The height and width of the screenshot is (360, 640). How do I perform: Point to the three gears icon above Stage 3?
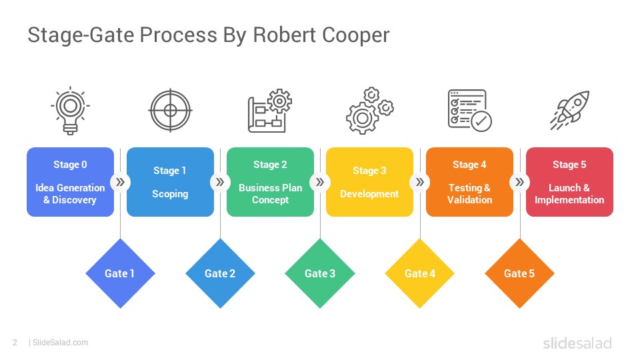click(x=369, y=111)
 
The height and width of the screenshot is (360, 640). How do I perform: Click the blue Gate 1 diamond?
click(x=120, y=273)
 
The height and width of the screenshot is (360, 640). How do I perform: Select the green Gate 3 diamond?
click(x=320, y=273)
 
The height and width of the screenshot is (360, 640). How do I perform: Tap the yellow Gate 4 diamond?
click(x=420, y=273)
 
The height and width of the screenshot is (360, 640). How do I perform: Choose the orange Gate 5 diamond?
click(x=519, y=273)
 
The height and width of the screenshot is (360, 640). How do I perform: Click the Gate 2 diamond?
click(x=220, y=273)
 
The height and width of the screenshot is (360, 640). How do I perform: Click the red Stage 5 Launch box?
click(x=569, y=182)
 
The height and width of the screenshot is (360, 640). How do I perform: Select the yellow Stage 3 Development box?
click(x=369, y=182)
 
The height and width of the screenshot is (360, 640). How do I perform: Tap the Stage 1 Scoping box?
click(x=170, y=182)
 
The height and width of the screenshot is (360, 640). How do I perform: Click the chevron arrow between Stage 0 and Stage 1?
click(x=120, y=182)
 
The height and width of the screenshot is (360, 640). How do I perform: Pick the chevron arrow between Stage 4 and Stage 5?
click(x=519, y=182)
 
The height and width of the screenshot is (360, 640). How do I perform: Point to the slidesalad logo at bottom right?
click(x=577, y=343)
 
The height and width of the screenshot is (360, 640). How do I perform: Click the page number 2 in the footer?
click(x=15, y=343)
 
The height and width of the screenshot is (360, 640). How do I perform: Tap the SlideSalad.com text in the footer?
click(x=60, y=343)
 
